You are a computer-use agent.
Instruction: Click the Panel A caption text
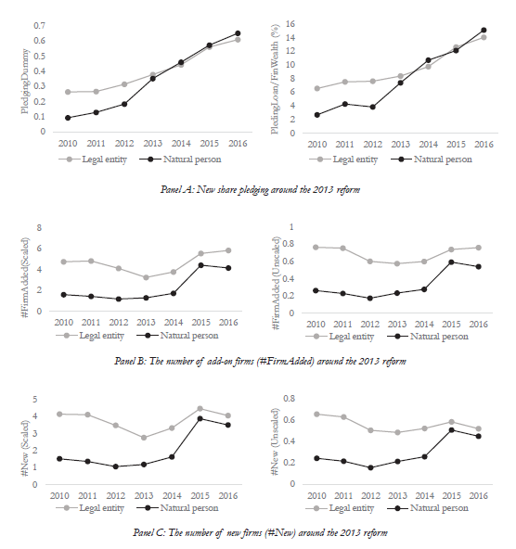(260, 189)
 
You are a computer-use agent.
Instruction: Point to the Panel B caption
(260, 361)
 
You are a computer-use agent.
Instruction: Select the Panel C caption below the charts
(260, 532)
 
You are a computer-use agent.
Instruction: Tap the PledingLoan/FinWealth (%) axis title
(275, 79)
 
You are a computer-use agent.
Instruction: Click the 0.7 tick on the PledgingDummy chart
(40, 26)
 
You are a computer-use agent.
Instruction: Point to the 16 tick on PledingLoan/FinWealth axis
(290, 24)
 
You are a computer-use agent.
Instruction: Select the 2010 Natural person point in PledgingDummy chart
(68, 118)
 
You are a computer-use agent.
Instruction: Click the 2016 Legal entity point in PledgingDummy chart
(238, 40)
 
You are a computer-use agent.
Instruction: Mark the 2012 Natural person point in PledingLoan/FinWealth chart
(372, 108)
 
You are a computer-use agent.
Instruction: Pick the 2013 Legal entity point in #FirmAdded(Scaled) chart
(146, 277)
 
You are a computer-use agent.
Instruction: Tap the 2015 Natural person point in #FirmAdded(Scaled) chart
(200, 265)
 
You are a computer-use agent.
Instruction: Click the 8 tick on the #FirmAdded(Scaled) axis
(39, 228)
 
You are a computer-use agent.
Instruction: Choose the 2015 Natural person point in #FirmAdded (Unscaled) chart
(451, 262)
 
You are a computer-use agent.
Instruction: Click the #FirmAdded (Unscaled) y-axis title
(277, 283)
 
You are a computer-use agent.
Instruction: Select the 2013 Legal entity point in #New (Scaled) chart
(144, 438)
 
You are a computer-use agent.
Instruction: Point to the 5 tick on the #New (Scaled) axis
(35, 400)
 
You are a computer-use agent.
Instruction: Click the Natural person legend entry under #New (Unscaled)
(429, 508)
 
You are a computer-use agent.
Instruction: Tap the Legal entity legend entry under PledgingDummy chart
(93, 160)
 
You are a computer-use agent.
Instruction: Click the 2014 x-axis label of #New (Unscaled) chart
(424, 496)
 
